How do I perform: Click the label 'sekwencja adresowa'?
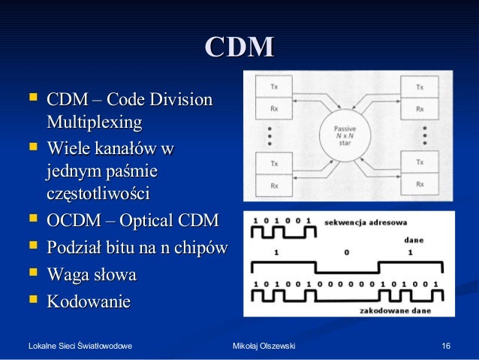pyautogui.click(x=365, y=222)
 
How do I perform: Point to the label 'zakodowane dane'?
pyautogui.click(x=390, y=308)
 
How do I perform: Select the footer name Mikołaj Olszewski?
pyautogui.click(x=264, y=346)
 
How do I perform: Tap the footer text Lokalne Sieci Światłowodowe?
pyautogui.click(x=80, y=346)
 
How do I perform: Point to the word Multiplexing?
pyautogui.click(x=94, y=121)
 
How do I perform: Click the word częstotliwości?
pyautogui.click(x=98, y=194)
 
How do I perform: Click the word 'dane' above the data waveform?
pyautogui.click(x=413, y=241)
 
